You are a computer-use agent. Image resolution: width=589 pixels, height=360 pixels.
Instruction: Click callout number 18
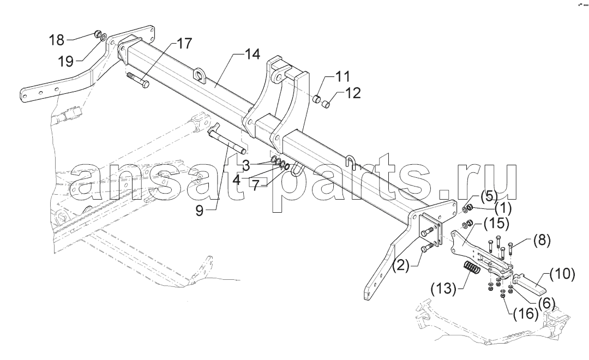pos(57,40)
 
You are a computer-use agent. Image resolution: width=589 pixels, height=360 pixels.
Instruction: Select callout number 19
pos(66,61)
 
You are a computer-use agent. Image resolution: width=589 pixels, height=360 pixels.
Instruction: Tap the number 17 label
pos(184,44)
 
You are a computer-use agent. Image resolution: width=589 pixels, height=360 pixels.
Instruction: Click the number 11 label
pos(342,77)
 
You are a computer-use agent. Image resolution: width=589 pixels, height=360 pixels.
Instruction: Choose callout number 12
pos(353,93)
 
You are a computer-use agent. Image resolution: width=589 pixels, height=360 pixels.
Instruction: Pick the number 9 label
pos(200,211)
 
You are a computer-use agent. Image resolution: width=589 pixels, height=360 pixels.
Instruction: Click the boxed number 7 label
pos(255,185)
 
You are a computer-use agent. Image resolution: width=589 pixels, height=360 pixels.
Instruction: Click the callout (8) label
pos(542,239)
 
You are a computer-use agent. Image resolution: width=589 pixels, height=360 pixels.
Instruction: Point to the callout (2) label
pos(401,265)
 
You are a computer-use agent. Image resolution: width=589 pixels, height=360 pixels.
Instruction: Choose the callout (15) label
pos(497,224)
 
